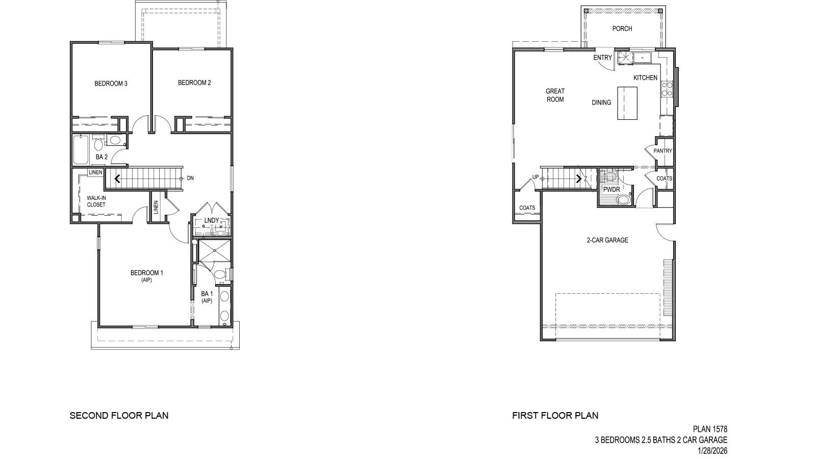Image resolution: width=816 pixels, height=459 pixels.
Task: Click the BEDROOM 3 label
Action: point(111,84)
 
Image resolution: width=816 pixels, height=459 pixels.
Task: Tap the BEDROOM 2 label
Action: point(194,83)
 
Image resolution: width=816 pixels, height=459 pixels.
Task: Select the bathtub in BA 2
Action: point(80,149)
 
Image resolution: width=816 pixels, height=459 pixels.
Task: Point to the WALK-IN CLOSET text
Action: point(96,201)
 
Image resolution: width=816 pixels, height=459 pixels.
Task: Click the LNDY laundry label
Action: point(211,220)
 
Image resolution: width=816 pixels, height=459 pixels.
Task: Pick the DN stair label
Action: point(190,178)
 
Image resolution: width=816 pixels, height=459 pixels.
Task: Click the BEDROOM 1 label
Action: point(147,273)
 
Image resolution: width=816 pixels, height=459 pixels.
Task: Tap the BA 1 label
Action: point(207,294)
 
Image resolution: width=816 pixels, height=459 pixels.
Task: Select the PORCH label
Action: point(622,29)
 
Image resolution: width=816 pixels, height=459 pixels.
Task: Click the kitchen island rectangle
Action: point(627,103)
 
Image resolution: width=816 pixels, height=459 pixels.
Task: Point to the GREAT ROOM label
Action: point(555,95)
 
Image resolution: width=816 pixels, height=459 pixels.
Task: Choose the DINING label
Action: point(601,103)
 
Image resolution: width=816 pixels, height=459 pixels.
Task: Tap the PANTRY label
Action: point(663,151)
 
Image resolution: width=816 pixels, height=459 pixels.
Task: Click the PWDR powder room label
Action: point(611,189)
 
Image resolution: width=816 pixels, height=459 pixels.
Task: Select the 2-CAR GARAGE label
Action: point(607,240)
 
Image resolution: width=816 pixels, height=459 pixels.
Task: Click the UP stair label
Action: point(535,177)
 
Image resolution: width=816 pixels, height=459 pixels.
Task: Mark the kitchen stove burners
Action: point(666,89)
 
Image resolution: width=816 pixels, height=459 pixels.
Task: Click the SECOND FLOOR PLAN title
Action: point(119,415)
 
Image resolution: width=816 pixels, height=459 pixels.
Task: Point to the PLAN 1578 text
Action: point(710,429)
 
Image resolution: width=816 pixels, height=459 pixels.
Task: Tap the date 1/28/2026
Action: point(712,451)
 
